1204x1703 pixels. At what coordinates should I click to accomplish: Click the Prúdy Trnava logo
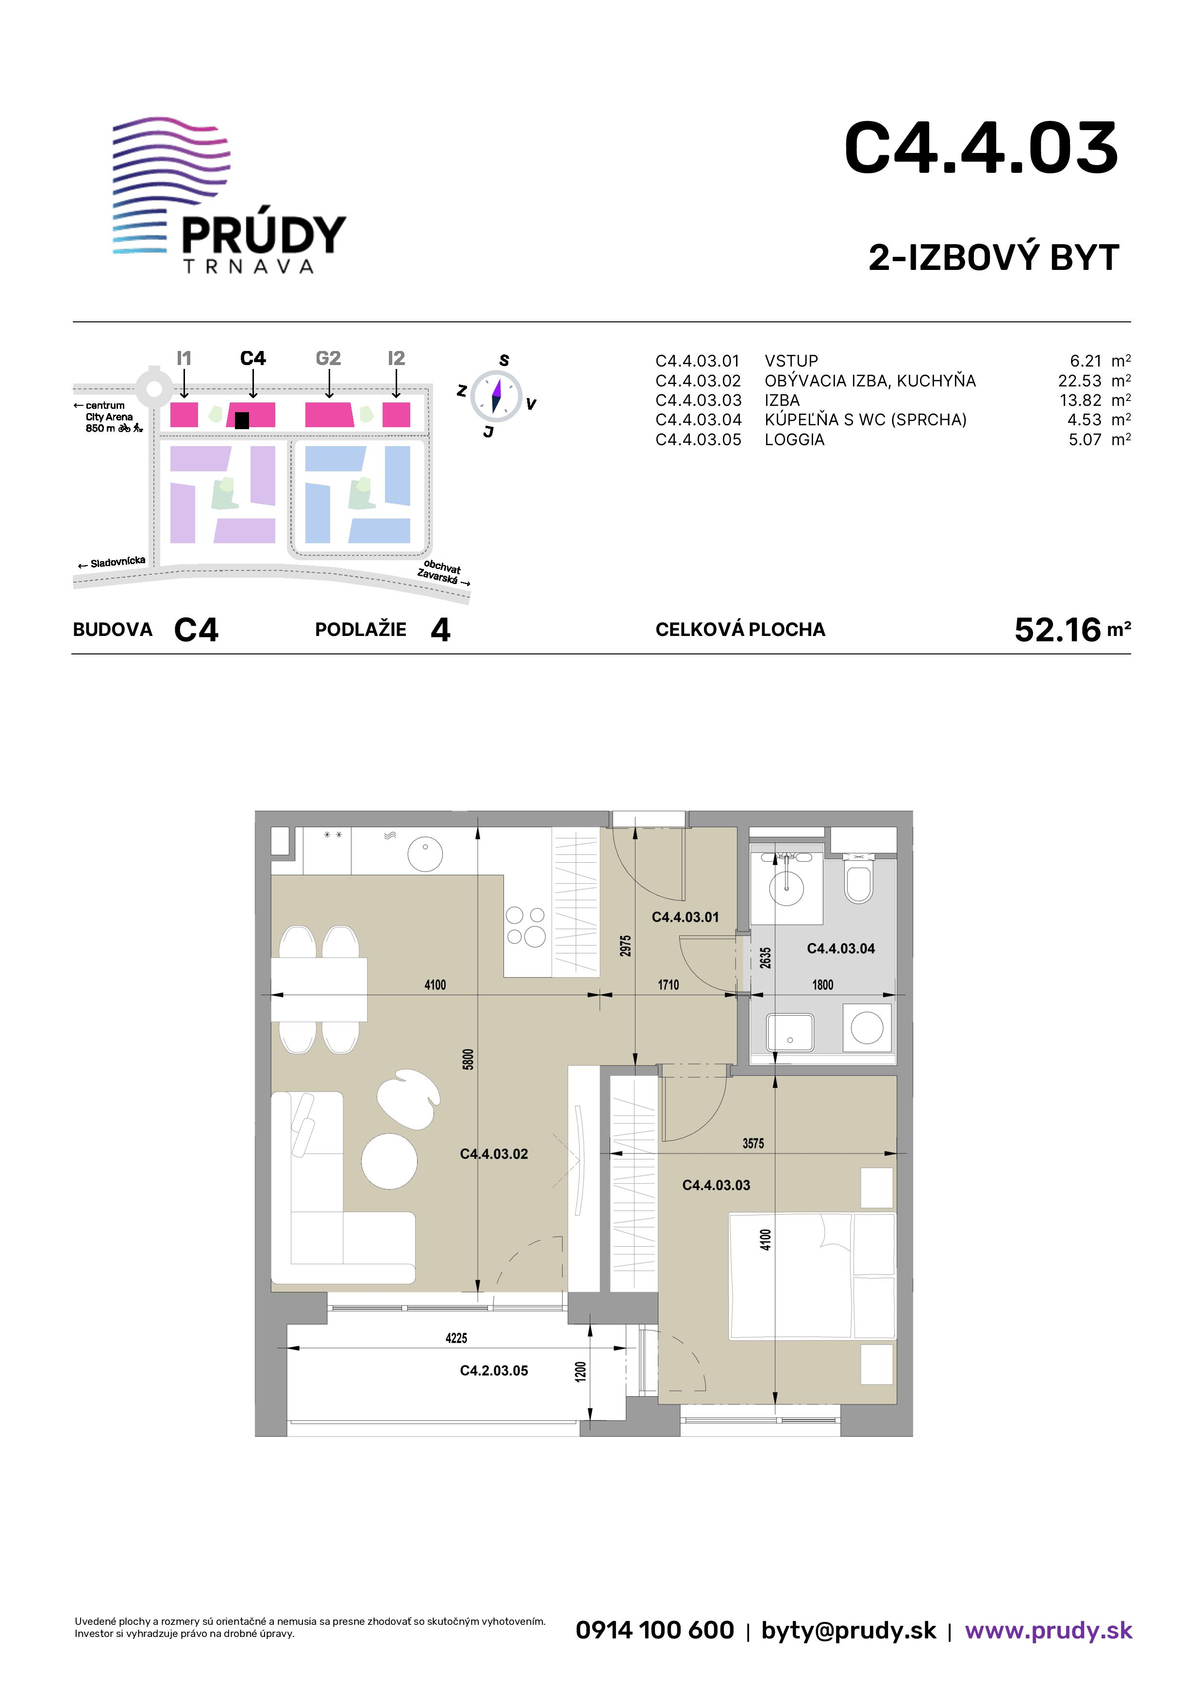229,196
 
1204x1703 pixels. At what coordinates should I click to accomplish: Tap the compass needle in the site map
496,395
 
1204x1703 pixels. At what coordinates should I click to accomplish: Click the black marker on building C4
241,420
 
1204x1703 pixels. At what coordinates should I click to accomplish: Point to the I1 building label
184,358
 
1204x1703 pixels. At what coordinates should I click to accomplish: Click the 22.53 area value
1079,381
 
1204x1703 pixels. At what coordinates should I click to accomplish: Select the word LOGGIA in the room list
795,439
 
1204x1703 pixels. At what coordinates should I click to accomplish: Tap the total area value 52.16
1057,630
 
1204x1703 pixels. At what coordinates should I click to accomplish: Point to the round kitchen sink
425,854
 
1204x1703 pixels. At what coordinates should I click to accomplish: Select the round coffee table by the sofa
389,1162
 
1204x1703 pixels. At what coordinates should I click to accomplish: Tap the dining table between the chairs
319,989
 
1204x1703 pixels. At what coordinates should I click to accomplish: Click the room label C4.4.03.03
716,1185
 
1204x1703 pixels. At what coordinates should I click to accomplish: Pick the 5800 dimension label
468,1059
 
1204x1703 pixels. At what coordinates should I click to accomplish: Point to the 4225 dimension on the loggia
456,1338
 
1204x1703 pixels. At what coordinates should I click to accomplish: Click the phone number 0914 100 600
655,1630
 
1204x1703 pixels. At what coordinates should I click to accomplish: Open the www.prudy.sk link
1048,1630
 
